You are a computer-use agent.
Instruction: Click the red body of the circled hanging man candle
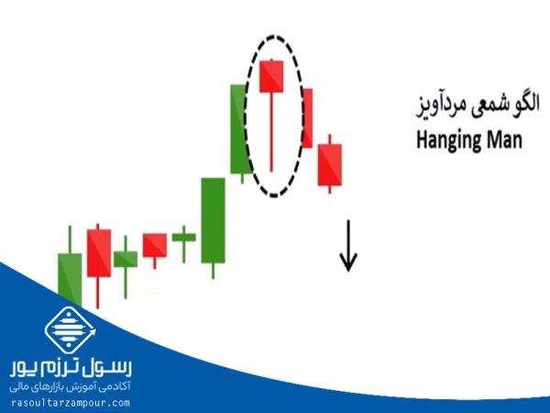point(271,76)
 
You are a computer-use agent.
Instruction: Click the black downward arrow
point(347,247)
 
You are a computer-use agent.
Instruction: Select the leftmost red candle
point(98,253)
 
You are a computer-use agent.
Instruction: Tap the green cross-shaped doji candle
point(183,237)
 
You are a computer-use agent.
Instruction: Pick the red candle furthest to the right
point(330,164)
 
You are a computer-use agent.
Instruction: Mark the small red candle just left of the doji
point(154,245)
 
